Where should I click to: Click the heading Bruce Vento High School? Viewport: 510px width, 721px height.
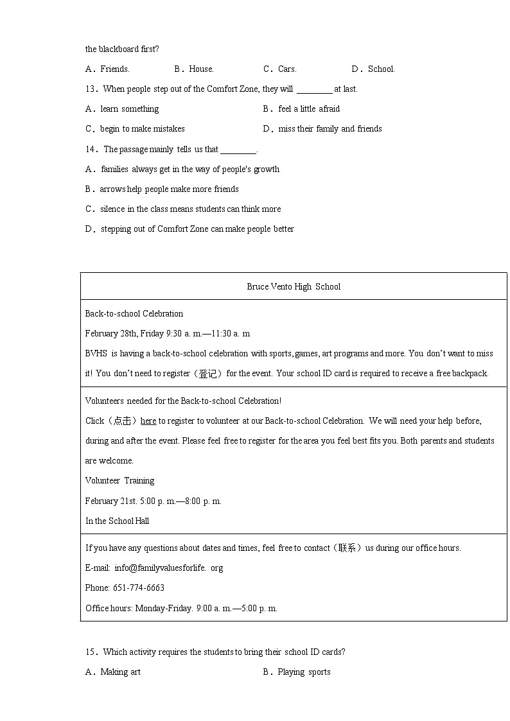[294, 286]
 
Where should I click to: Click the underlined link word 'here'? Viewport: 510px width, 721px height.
[148, 421]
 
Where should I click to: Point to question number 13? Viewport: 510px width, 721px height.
[91, 89]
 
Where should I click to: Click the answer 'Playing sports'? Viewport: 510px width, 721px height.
[304, 672]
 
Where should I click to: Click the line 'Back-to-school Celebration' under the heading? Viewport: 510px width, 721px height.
[134, 313]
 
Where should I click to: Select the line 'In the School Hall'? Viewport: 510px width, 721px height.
[118, 521]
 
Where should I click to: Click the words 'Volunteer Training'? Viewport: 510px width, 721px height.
[120, 480]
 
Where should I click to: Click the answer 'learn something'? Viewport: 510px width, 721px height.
[129, 109]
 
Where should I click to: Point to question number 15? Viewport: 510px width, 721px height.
[91, 652]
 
